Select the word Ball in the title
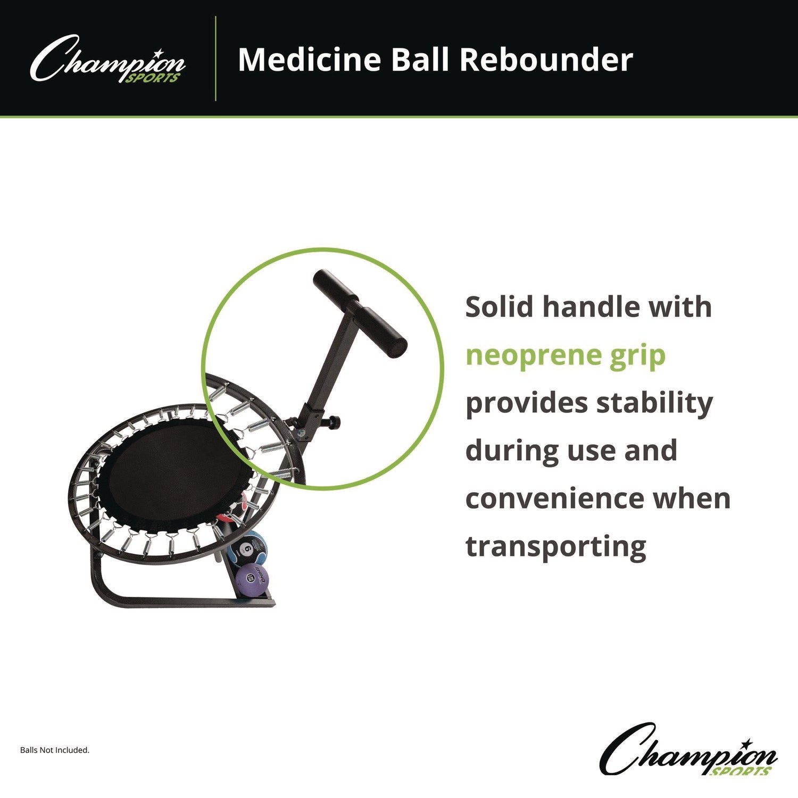pyautogui.click(x=422, y=60)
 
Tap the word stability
pyautogui.click(x=654, y=404)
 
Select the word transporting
pyautogui.click(x=556, y=547)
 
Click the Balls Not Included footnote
pyautogui.click(x=55, y=750)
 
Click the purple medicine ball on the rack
pyautogui.click(x=252, y=579)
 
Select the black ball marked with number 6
pyautogui.click(x=244, y=550)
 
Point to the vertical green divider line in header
pyautogui.click(x=215, y=59)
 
